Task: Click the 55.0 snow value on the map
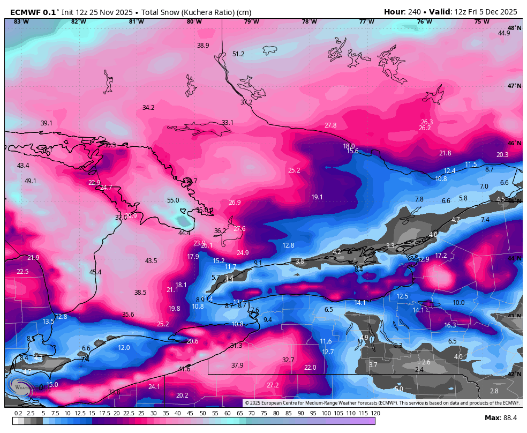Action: [172, 200]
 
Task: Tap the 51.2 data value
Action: [238, 54]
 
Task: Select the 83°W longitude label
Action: [21, 21]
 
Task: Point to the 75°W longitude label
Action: [481, 21]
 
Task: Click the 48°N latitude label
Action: [514, 28]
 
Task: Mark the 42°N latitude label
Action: [514, 375]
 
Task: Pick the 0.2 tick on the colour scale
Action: [18, 413]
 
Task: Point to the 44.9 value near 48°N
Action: [504, 33]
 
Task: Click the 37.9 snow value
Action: [237, 365]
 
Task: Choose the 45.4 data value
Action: [95, 272]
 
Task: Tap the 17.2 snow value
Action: [441, 256]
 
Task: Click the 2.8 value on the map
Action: [494, 391]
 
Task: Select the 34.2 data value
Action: [148, 108]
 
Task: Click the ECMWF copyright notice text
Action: [382, 403]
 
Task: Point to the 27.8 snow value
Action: [330, 125]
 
